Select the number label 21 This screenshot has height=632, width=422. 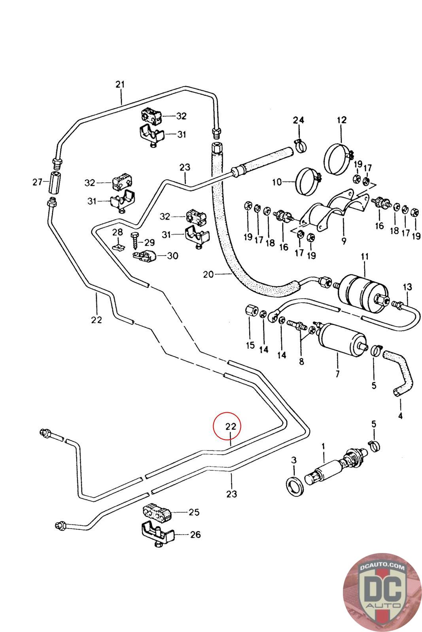click(x=120, y=84)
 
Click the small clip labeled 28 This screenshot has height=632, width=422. click(x=118, y=247)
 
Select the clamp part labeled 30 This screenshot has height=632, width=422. click(x=145, y=256)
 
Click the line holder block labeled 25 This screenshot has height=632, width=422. click(x=156, y=512)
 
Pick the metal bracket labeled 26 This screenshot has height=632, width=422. click(x=157, y=534)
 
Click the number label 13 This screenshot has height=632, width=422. click(x=407, y=286)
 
